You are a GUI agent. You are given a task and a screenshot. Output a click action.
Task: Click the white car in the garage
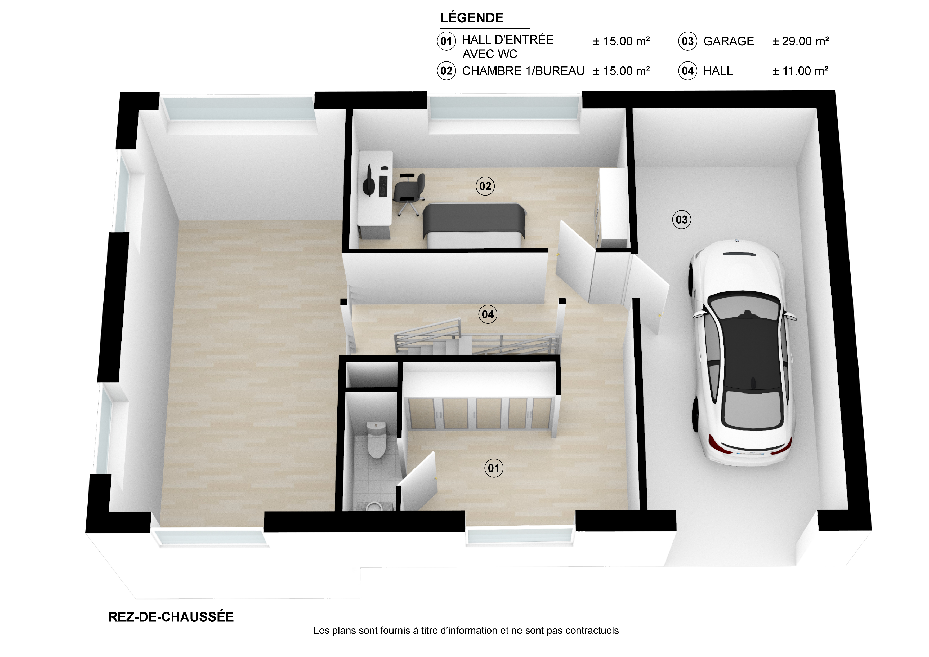coord(743,353)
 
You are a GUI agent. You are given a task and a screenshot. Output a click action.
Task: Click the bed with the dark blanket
coord(474,225)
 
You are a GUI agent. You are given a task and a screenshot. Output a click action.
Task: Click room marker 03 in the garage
coord(681,220)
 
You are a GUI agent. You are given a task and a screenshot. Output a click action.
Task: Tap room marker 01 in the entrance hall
coord(494,468)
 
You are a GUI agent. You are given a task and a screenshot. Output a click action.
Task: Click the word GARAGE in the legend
coord(729,41)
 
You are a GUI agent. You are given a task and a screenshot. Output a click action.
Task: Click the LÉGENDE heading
coord(472,18)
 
